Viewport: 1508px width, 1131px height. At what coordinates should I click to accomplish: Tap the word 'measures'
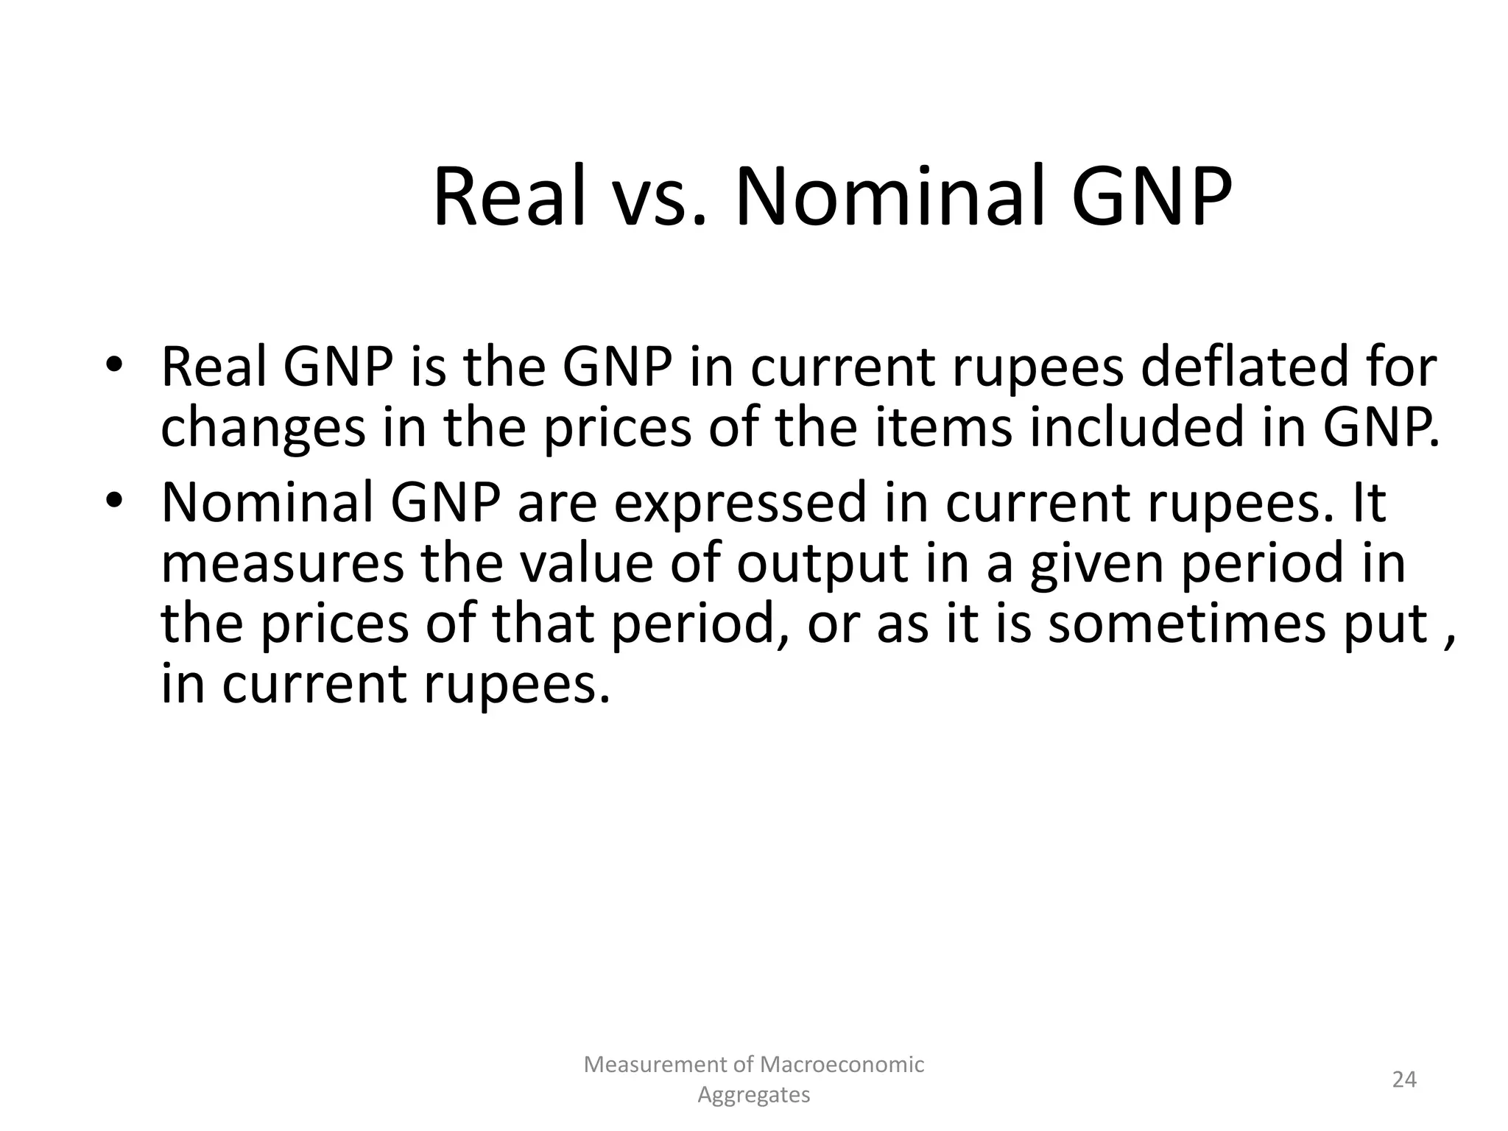[282, 563]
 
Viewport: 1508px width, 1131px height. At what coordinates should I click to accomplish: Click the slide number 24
[1404, 1079]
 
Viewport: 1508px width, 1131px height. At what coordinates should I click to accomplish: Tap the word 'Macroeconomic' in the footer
[842, 1064]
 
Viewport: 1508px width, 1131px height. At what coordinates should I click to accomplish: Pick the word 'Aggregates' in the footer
[753, 1096]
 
